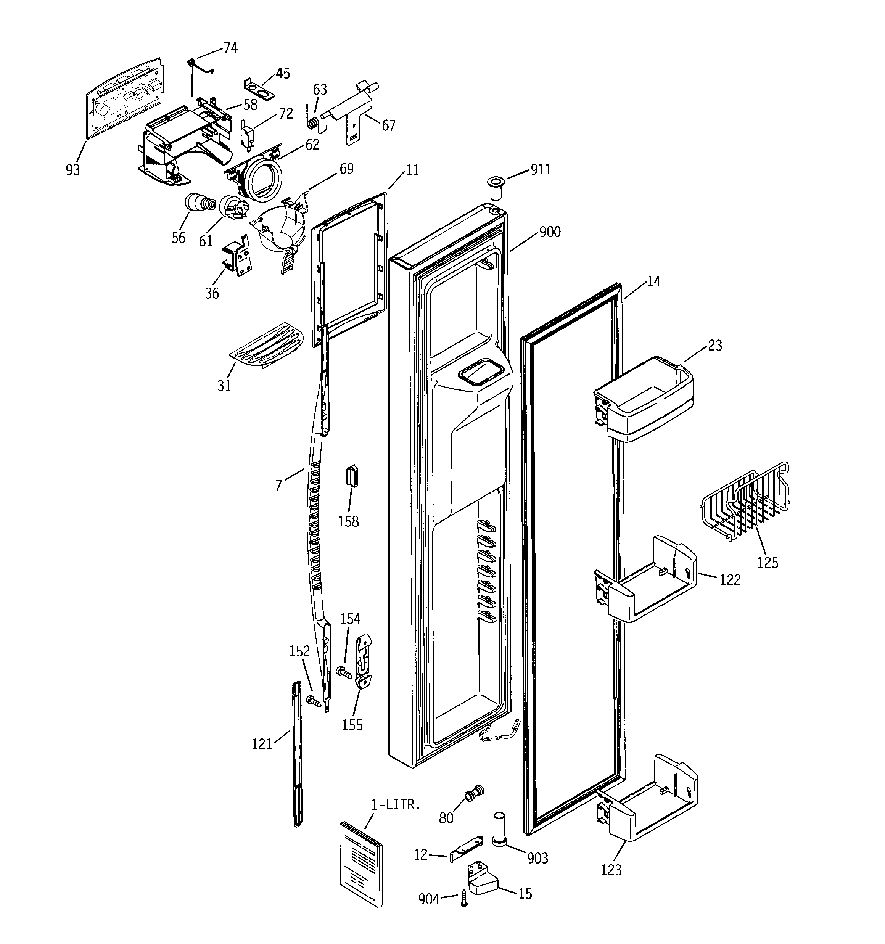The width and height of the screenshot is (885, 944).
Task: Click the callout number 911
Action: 541,169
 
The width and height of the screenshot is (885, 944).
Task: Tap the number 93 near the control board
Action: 73,169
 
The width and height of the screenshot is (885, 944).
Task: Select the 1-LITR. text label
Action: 395,804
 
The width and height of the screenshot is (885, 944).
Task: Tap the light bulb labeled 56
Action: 198,204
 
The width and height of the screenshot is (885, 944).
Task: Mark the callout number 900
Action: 550,232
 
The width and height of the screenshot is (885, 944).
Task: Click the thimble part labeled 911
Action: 495,188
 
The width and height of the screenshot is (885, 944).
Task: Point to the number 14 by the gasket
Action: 654,281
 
